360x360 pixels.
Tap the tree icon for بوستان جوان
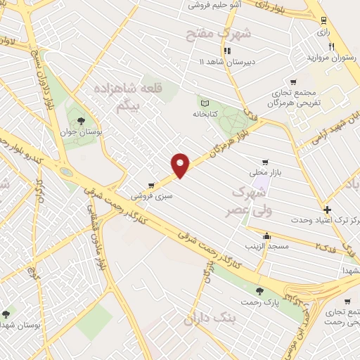click(83, 120)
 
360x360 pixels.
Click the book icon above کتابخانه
click(205, 103)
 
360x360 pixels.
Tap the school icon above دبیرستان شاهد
click(227, 51)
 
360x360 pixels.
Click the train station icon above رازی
click(323, 20)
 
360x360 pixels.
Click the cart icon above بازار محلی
click(264, 161)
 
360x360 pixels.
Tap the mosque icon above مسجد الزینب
click(266, 235)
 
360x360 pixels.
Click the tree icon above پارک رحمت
click(260, 290)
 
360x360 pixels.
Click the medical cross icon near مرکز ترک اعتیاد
click(327, 210)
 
